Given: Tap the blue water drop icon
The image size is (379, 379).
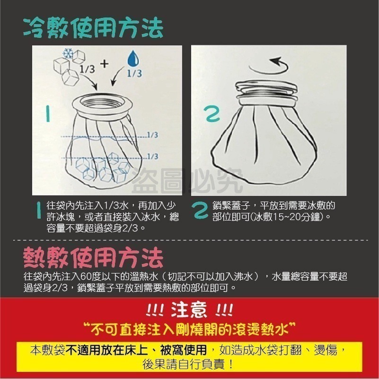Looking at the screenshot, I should [x=133, y=59].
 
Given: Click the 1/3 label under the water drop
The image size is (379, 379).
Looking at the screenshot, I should [x=134, y=74].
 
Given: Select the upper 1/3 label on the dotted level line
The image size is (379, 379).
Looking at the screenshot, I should [x=152, y=135].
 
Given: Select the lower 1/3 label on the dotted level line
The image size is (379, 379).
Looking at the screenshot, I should [x=152, y=156].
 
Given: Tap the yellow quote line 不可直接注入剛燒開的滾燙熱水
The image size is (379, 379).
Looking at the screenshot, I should [x=189, y=327].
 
